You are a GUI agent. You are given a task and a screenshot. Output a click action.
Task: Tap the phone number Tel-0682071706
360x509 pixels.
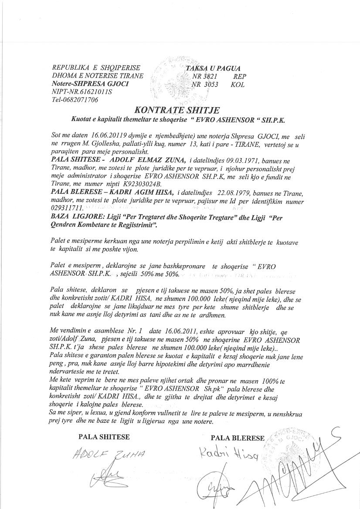point(75,100)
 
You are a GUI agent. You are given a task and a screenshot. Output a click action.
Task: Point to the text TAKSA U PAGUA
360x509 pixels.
point(213,68)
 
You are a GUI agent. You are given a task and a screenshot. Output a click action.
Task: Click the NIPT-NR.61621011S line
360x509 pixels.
point(82,92)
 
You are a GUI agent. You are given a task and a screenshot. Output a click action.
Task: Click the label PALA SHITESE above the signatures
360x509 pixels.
point(104,437)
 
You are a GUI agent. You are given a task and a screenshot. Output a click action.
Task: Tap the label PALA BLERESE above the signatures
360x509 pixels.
point(238,438)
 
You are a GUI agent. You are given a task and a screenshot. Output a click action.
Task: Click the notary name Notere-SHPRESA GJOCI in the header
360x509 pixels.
point(90,84)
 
